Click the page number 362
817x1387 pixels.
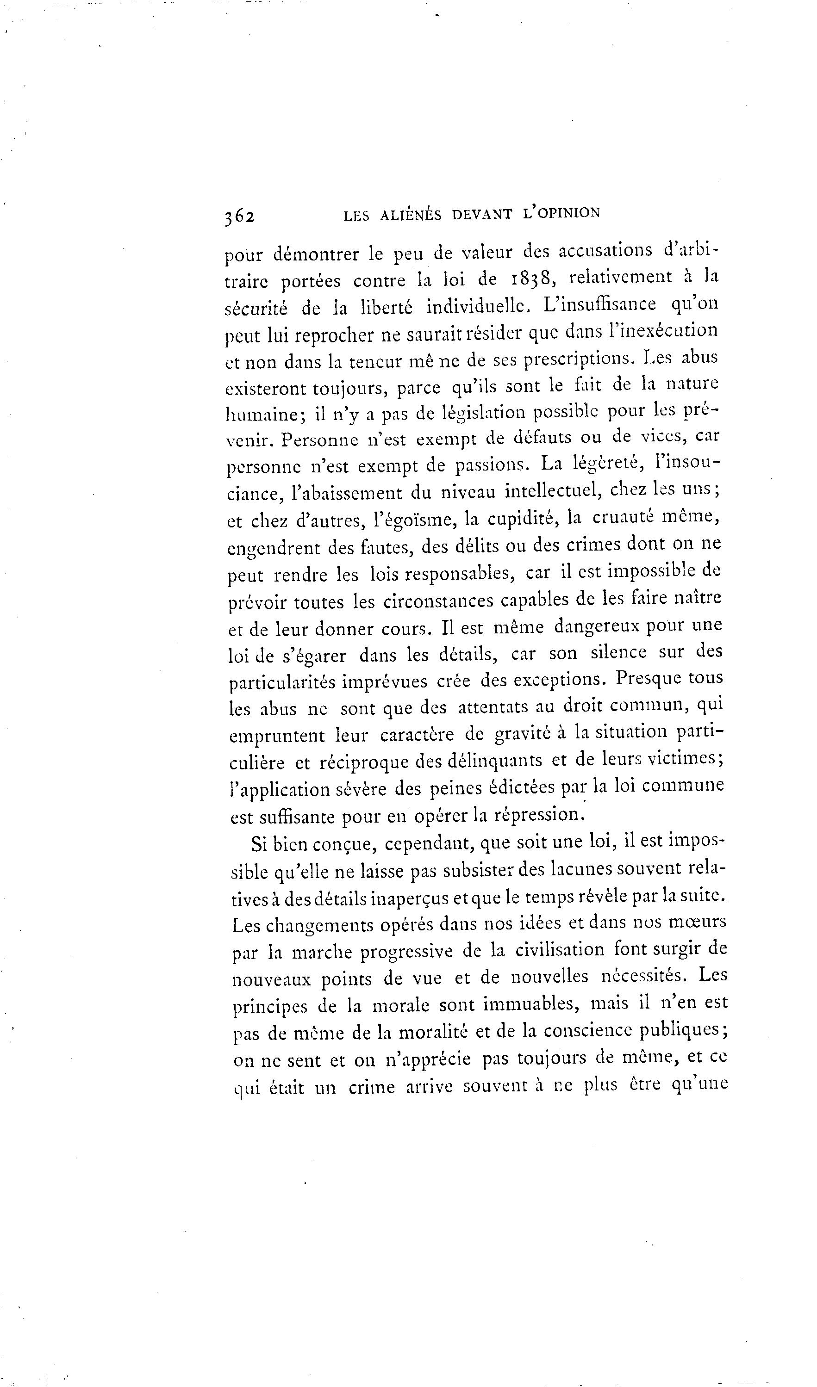[239, 217]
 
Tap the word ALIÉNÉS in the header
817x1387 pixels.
[411, 215]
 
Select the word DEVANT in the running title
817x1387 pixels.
[482, 214]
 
